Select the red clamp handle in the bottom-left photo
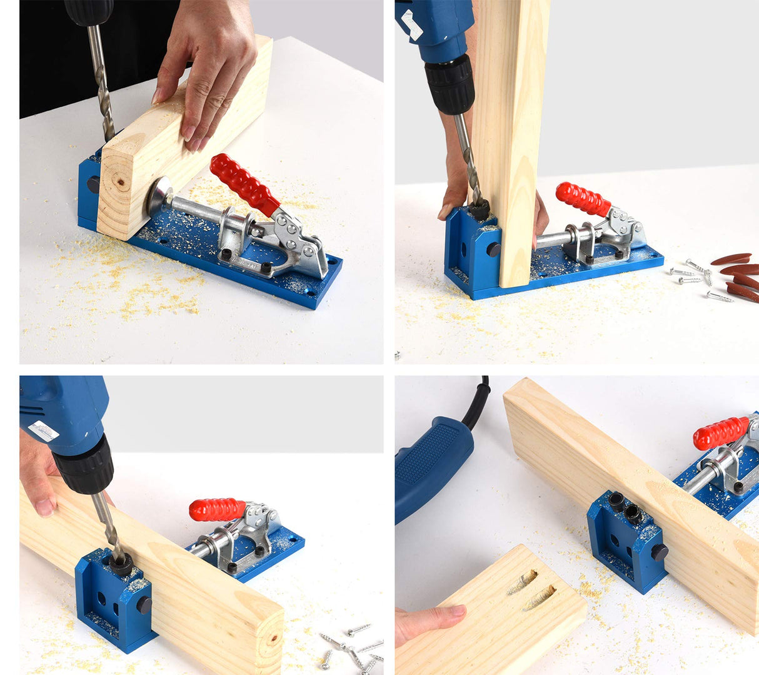[x=217, y=509]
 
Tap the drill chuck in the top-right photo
[x=450, y=84]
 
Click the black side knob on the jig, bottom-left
[x=144, y=605]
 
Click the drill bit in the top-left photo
[x=101, y=81]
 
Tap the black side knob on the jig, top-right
[x=493, y=250]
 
